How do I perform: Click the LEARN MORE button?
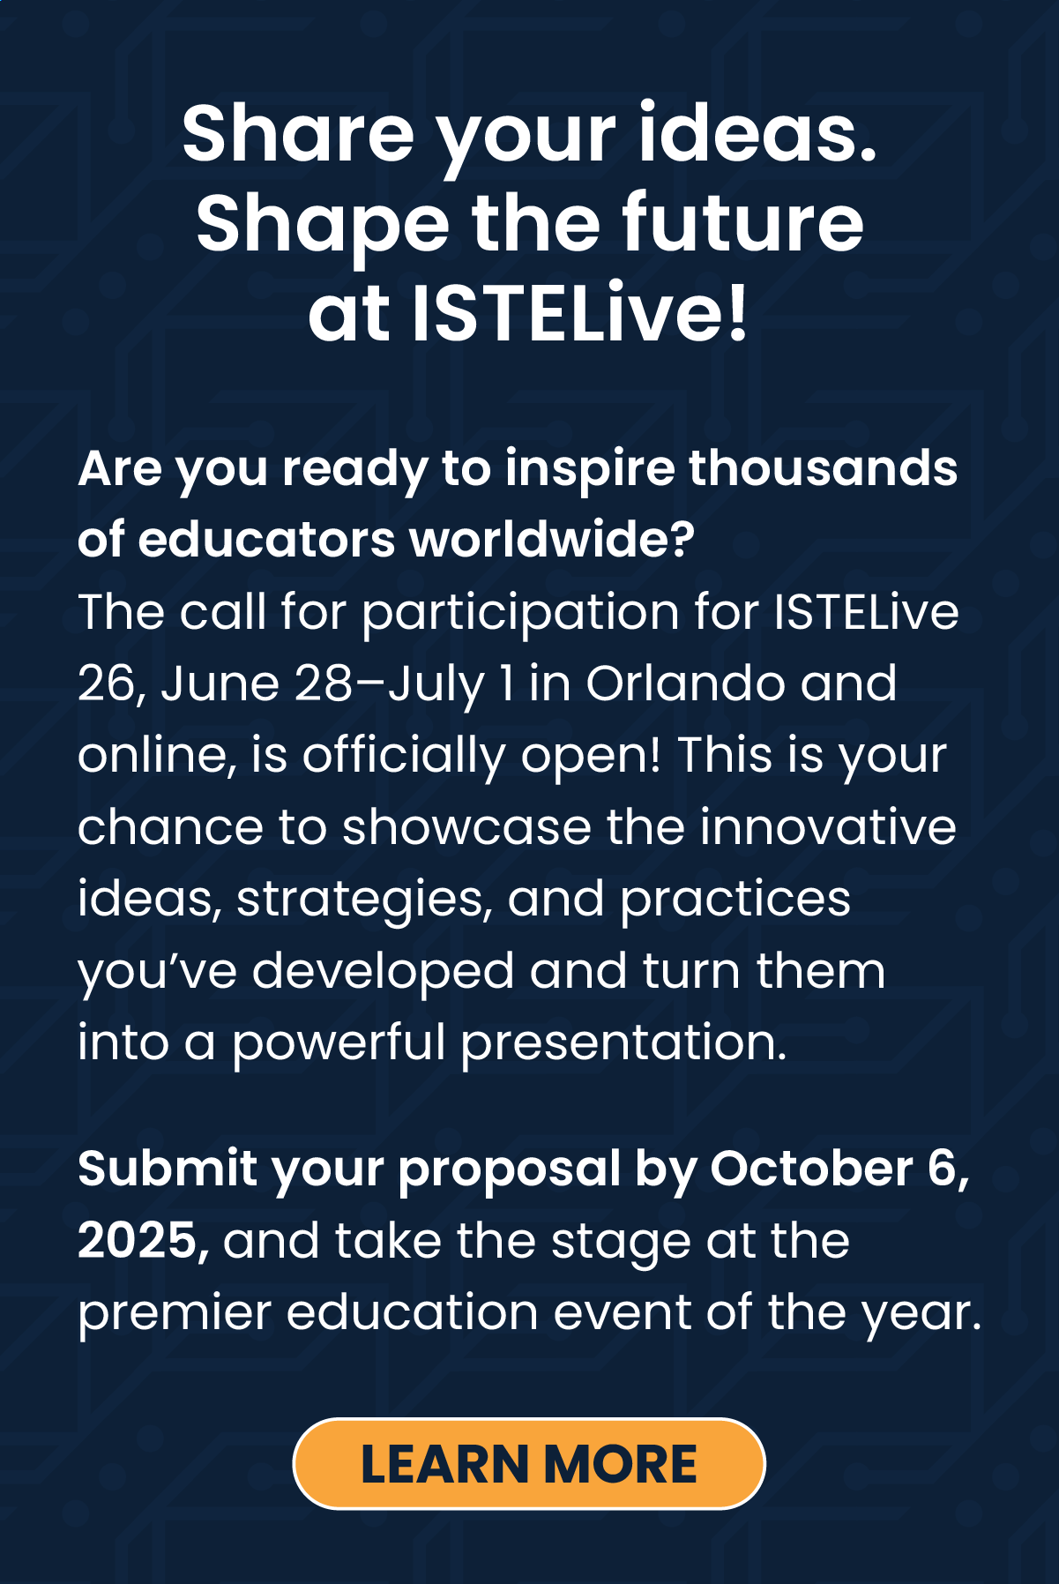tap(529, 1464)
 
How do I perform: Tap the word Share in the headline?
tap(297, 134)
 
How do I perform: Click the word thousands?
tap(823, 467)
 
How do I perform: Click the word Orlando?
tap(684, 684)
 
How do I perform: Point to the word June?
tap(220, 684)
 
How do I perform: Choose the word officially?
tap(404, 756)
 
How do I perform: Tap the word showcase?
tap(466, 827)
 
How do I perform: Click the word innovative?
tap(828, 827)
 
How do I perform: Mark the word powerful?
tap(339, 1043)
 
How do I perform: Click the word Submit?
tap(168, 1169)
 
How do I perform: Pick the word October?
tap(811, 1169)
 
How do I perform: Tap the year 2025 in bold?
tap(138, 1241)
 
